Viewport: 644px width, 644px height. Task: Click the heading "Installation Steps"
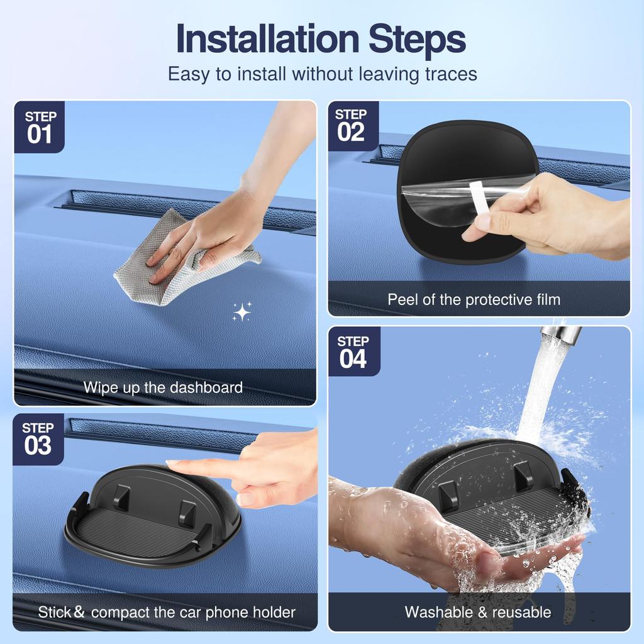(321, 39)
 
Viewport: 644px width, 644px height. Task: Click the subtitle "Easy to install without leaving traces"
(322, 74)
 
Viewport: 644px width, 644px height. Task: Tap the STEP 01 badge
(40, 127)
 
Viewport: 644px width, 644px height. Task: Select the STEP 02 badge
(352, 125)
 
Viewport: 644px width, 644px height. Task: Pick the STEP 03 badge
(38, 438)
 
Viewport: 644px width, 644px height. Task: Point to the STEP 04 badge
(353, 351)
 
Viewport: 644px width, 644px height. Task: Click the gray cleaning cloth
(182, 264)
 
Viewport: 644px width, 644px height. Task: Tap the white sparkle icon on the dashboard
(241, 312)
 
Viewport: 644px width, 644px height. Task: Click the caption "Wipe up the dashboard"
(163, 387)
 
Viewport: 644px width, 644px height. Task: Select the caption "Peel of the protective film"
(474, 299)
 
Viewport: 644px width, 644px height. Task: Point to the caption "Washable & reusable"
(478, 611)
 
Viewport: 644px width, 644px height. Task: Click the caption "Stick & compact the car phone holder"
(167, 611)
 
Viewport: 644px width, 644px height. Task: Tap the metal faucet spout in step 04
(562, 333)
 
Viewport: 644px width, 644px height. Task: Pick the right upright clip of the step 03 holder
(187, 512)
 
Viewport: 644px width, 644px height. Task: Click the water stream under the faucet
(538, 390)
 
